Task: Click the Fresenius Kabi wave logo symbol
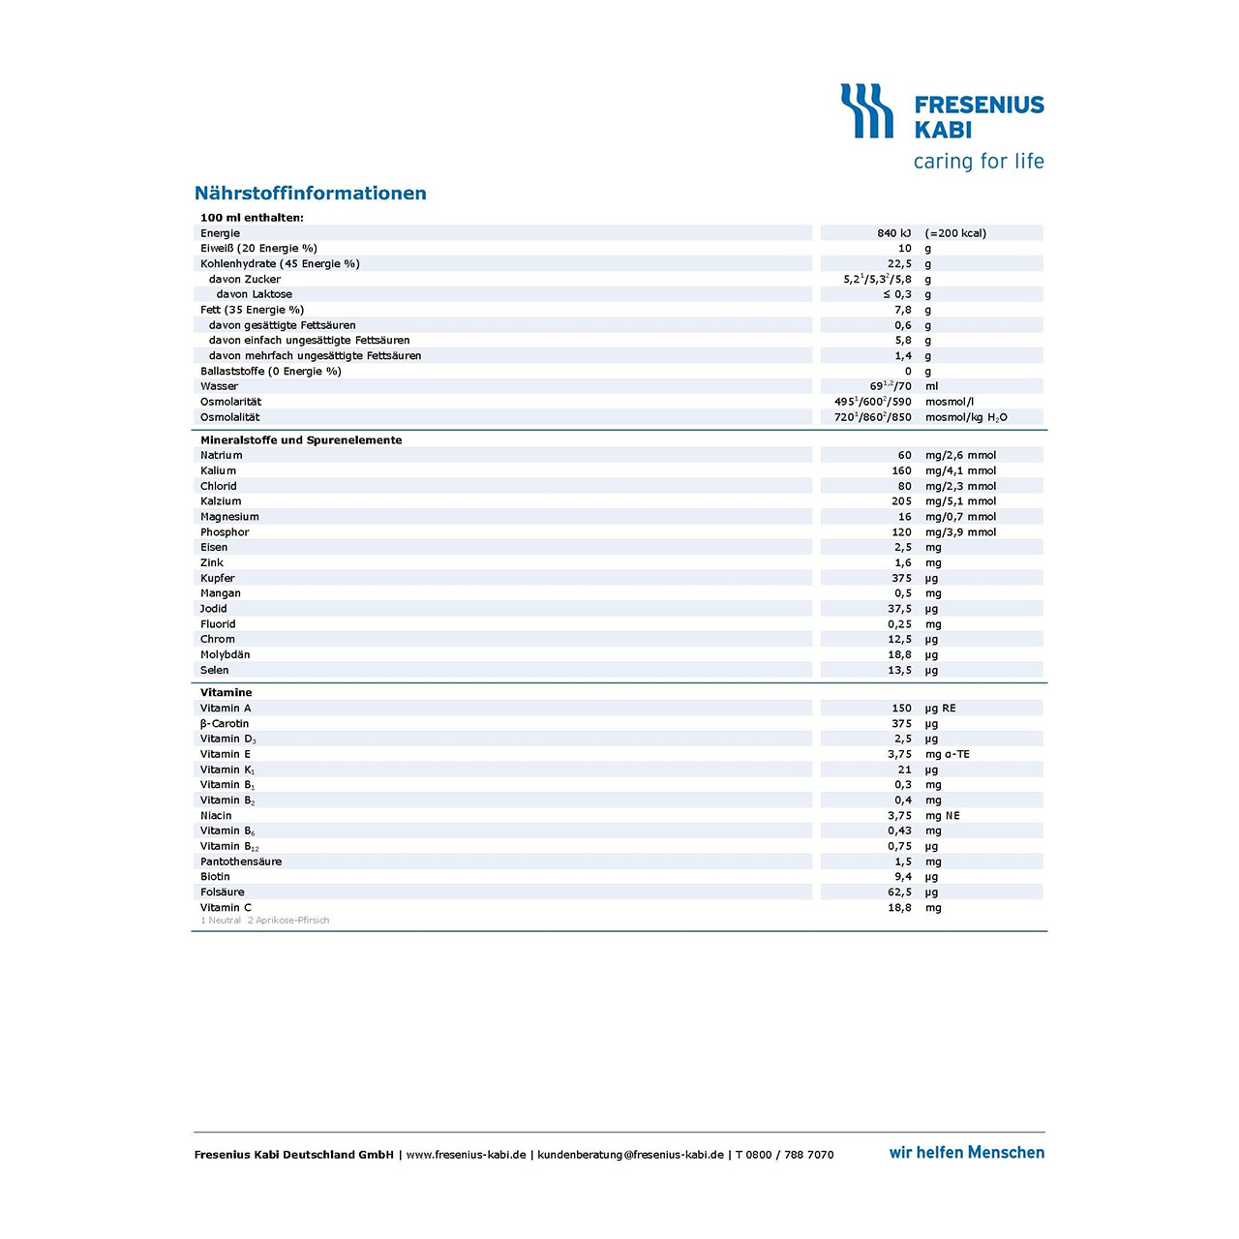click(x=866, y=110)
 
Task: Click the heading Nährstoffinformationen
click(x=310, y=193)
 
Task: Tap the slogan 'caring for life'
click(x=979, y=161)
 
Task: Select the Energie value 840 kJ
click(x=893, y=233)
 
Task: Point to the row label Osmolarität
click(x=230, y=402)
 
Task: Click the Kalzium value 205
click(x=901, y=501)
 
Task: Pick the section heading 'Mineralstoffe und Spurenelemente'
click(x=301, y=439)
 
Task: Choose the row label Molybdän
click(x=225, y=654)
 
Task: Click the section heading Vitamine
click(x=226, y=692)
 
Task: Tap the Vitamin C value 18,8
click(x=899, y=908)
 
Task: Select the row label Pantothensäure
click(x=241, y=861)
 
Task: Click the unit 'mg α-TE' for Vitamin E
click(x=947, y=754)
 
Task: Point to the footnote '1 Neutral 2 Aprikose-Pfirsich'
click(x=264, y=921)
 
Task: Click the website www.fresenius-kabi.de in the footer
click(x=466, y=1155)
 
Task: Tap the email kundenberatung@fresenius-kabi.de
click(x=630, y=1155)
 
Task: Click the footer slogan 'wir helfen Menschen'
click(x=966, y=1152)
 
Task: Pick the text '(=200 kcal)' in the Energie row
click(x=955, y=233)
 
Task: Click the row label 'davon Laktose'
click(x=254, y=294)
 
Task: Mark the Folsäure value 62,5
click(x=899, y=892)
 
